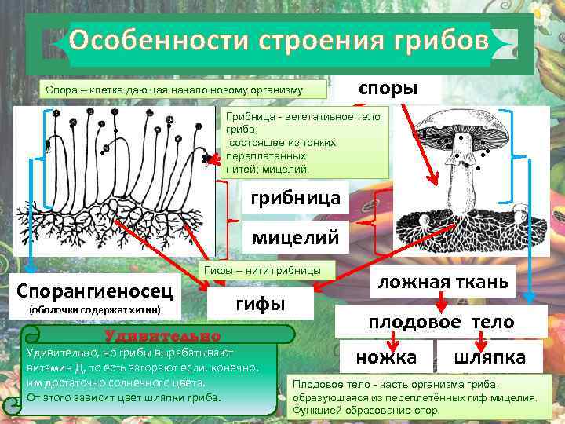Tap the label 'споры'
click(x=388, y=87)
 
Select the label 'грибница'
click(x=295, y=199)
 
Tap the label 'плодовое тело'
click(x=442, y=322)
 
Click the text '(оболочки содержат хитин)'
click(x=95, y=310)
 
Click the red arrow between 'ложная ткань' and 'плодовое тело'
click(x=442, y=302)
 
